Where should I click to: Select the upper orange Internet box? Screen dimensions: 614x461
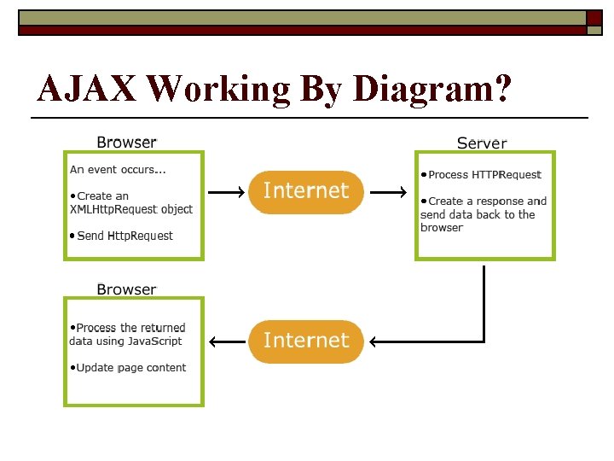point(306,191)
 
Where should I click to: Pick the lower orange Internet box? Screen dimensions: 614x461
point(306,341)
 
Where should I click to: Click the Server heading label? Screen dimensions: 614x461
point(482,143)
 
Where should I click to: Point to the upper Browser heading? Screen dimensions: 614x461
point(126,143)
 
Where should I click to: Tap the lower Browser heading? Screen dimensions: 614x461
point(126,289)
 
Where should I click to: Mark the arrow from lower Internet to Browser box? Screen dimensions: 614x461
point(226,342)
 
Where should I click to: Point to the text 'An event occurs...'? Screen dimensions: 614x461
point(118,169)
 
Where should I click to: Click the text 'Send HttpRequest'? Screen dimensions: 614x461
point(125,236)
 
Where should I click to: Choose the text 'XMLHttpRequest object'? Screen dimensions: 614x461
point(130,209)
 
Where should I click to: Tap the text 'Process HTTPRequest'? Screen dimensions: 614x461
point(484,174)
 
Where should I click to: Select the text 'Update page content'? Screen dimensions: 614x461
point(130,368)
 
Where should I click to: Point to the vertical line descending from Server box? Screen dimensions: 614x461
point(484,299)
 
